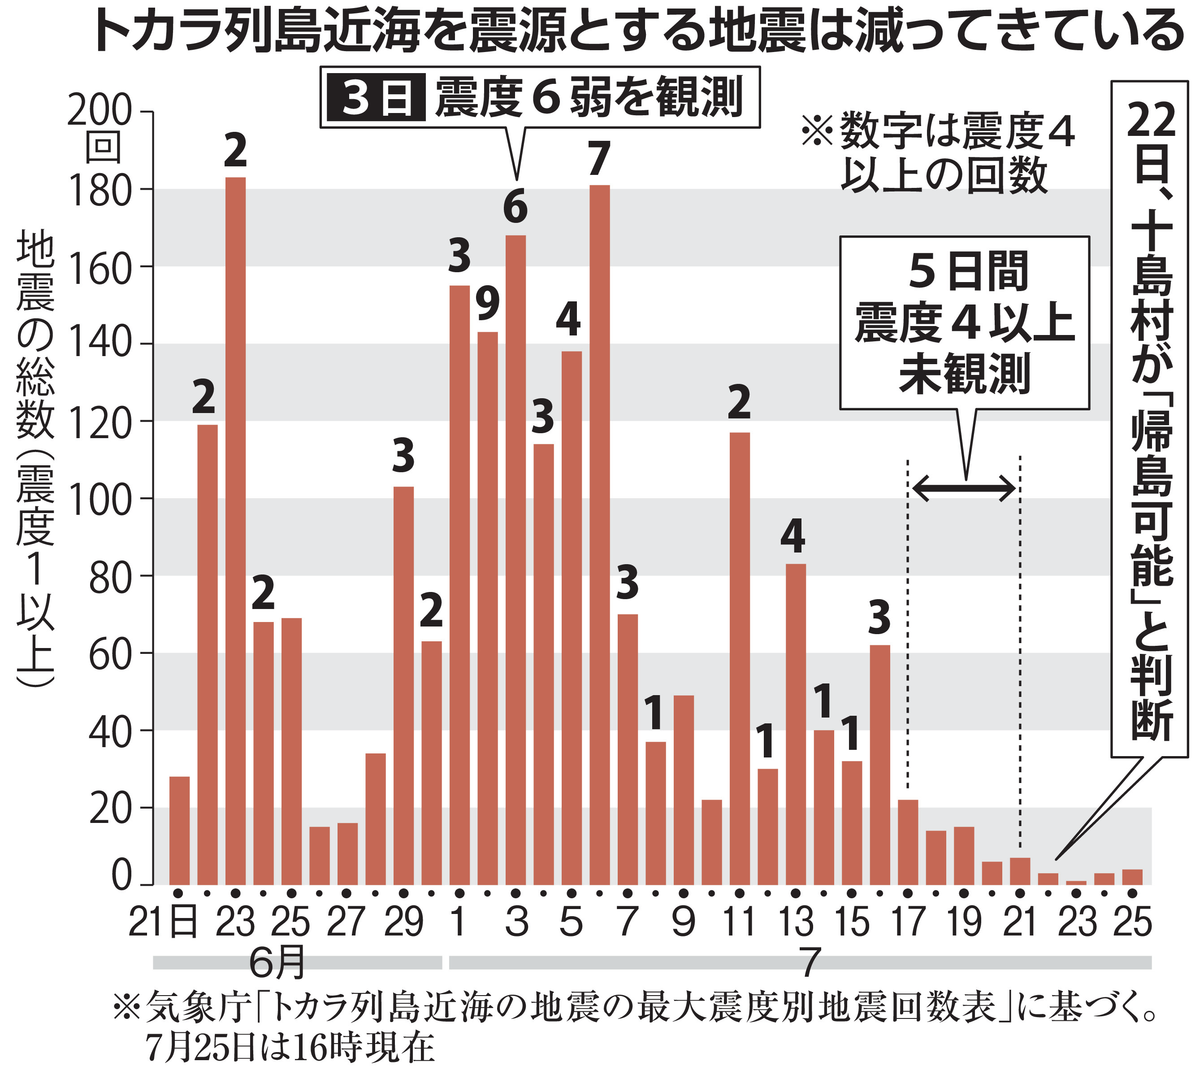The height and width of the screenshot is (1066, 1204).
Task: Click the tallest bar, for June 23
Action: coord(236,531)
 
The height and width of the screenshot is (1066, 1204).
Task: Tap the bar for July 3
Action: coord(515,560)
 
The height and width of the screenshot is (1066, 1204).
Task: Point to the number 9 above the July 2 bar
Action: coord(488,304)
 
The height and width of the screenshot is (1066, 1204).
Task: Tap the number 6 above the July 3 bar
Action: coord(515,208)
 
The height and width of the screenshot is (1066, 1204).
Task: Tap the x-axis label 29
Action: coord(403,922)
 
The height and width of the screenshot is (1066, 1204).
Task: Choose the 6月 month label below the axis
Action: coord(277,963)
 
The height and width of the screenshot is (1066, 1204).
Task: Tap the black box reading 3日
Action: coord(376,98)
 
